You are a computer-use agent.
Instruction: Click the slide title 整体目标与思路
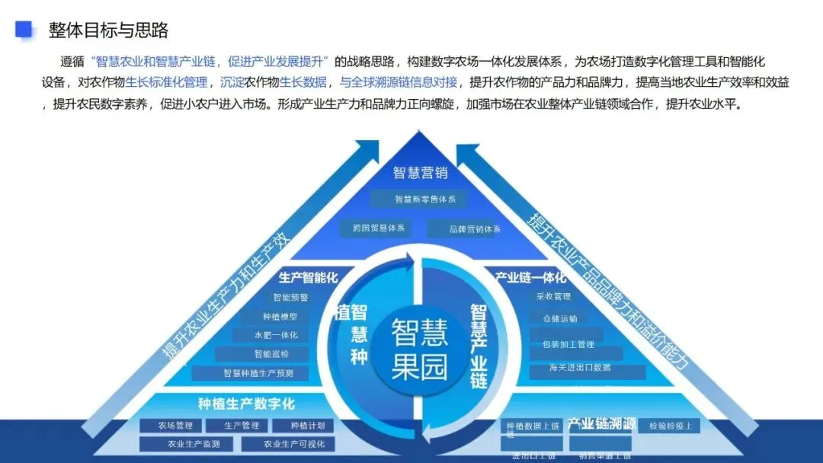point(108,30)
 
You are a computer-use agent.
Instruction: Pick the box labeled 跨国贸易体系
point(378,228)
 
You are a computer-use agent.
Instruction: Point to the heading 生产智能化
point(308,278)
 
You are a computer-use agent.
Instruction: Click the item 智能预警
point(290,298)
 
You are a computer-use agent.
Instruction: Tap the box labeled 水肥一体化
point(276,335)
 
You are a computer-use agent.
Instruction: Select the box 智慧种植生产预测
point(255,373)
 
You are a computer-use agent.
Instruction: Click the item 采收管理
point(553,296)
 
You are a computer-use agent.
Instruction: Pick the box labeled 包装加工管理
point(567,344)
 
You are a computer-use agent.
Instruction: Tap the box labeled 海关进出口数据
point(579,368)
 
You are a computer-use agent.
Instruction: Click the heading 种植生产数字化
point(246,404)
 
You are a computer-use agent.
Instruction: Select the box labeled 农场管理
point(175,426)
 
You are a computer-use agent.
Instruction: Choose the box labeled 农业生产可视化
point(294,444)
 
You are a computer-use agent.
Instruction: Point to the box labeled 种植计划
point(308,426)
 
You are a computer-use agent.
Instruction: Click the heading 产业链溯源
point(601,424)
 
